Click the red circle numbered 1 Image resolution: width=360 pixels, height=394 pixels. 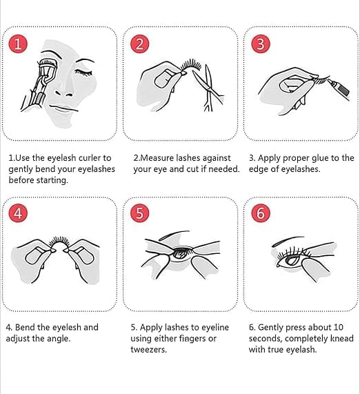pyautogui.click(x=18, y=43)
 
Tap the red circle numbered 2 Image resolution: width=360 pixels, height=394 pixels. pyautogui.click(x=140, y=43)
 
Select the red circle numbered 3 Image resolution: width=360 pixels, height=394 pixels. pyautogui.click(x=261, y=43)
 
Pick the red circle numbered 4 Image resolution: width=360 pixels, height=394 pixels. pyautogui.click(x=18, y=213)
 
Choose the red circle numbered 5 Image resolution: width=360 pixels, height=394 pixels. pyautogui.click(x=140, y=213)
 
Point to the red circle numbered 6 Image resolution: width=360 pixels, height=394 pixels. pyautogui.click(x=261, y=213)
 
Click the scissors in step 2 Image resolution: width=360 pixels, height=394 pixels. pyautogui.click(x=208, y=88)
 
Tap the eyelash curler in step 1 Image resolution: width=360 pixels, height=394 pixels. pyautogui.click(x=39, y=83)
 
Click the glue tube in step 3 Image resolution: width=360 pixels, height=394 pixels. pyautogui.click(x=339, y=89)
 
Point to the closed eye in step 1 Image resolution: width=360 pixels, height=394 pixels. pyautogui.click(x=83, y=72)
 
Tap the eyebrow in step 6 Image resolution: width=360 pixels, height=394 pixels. pyautogui.click(x=288, y=241)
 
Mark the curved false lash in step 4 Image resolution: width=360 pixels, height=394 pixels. pyautogui.click(x=59, y=242)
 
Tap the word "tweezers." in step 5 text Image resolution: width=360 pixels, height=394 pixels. pyautogui.click(x=148, y=350)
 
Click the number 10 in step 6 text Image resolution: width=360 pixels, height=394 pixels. pyautogui.click(x=338, y=327)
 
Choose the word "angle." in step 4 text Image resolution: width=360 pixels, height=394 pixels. pyautogui.click(x=59, y=339)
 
